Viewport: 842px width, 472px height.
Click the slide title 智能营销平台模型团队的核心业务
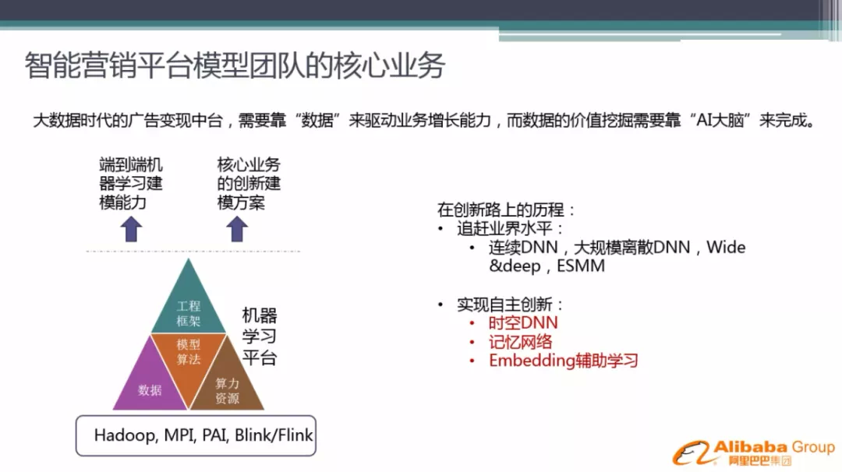[235, 65]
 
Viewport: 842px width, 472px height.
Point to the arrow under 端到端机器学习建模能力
[131, 229]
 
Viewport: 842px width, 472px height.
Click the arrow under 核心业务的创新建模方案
[237, 229]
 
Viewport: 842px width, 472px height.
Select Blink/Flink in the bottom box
[274, 435]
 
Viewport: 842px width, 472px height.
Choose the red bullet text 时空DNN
[523, 323]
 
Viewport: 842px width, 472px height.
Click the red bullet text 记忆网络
[520, 342]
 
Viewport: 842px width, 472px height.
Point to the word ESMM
[581, 266]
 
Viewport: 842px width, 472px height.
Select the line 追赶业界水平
[509, 228]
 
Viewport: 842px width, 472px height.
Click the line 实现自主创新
[509, 305]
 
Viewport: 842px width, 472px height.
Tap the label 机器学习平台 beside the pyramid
[260, 336]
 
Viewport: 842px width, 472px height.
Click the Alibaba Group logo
[753, 453]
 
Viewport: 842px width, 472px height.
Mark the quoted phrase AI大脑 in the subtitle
[720, 120]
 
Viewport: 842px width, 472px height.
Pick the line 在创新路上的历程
[506, 210]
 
